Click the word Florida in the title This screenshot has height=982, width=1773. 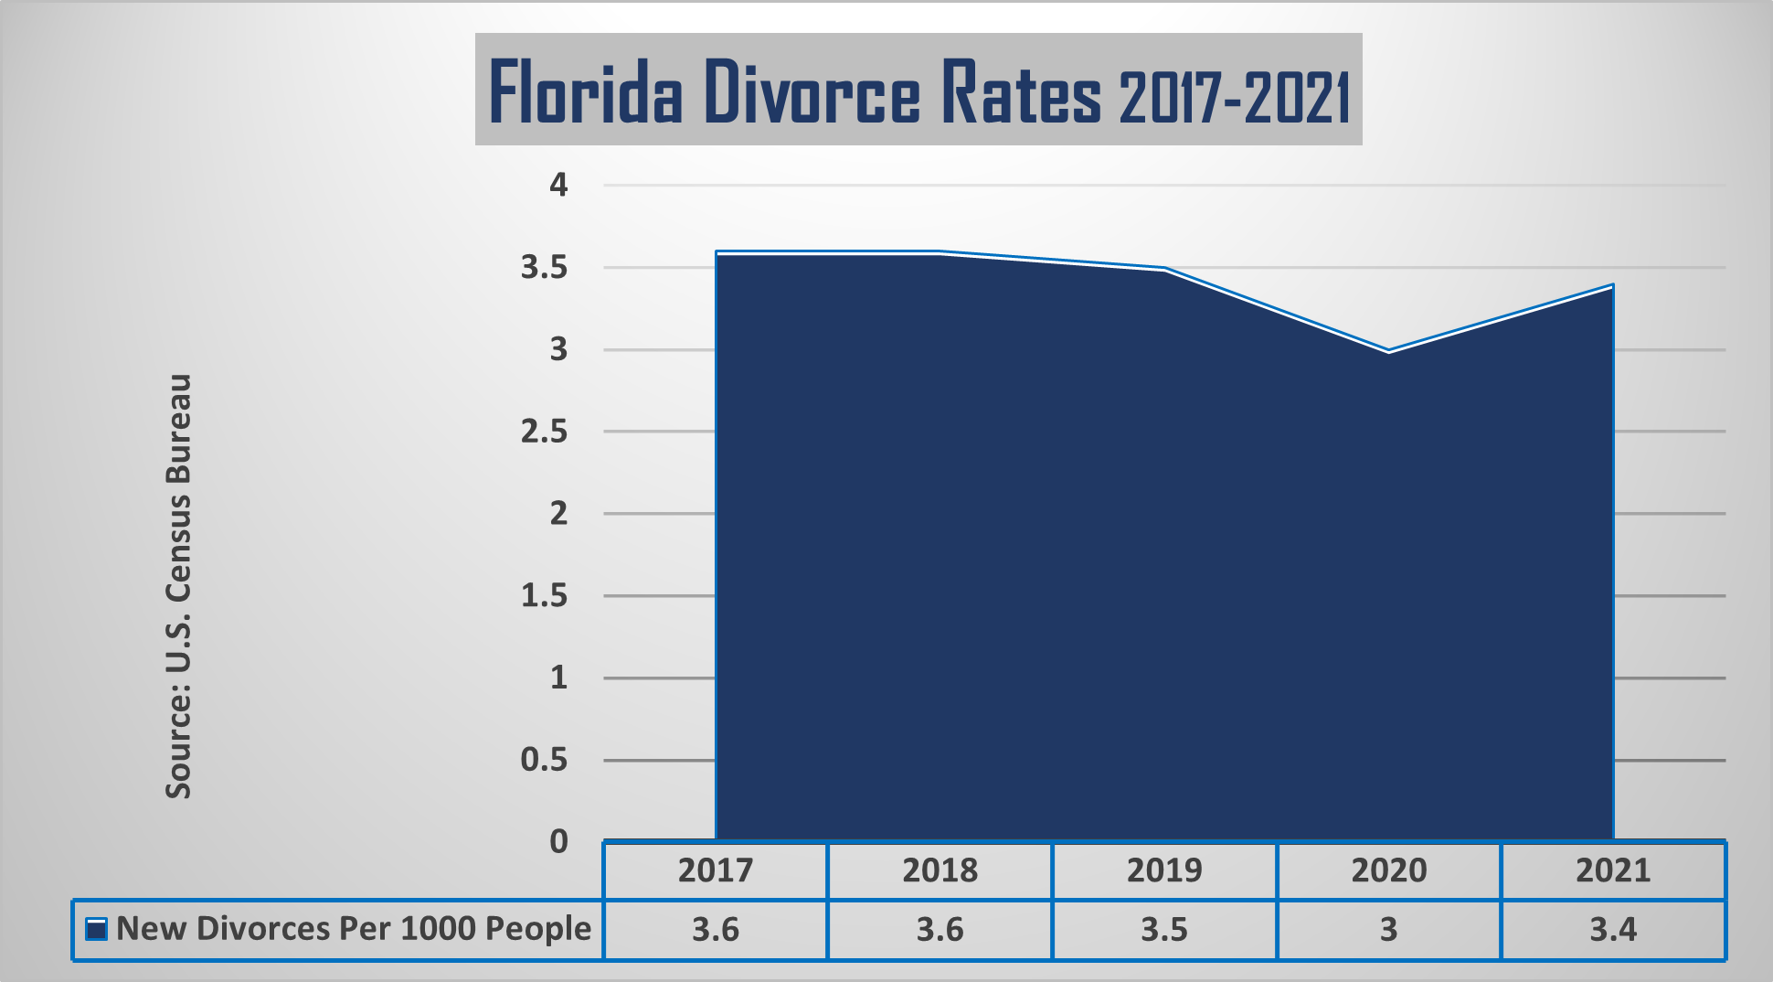[x=585, y=91]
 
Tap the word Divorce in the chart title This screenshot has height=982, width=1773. [x=812, y=91]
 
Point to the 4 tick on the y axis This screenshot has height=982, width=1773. [x=558, y=186]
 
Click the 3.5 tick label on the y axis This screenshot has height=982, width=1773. [x=545, y=268]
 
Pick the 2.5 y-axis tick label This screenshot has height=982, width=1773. [x=545, y=432]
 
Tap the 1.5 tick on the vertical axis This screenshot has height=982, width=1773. [x=545, y=596]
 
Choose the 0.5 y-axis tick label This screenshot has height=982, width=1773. [x=545, y=760]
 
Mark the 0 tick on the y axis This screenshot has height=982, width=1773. [x=558, y=841]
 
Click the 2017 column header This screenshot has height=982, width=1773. [x=716, y=870]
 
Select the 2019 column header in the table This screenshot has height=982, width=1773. [x=1164, y=870]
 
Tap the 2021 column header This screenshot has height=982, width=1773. [x=1613, y=870]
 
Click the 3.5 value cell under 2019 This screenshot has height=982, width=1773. [x=1164, y=930]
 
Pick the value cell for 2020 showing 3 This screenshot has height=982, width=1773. [x=1388, y=930]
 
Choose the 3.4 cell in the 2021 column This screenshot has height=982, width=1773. [x=1613, y=930]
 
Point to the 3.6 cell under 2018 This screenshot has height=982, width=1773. [x=940, y=930]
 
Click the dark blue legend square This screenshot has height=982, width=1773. [x=96, y=930]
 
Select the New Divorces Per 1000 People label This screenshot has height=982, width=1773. [x=354, y=929]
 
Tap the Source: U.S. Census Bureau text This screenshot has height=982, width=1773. [x=179, y=585]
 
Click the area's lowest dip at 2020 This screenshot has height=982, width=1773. [x=1388, y=352]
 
